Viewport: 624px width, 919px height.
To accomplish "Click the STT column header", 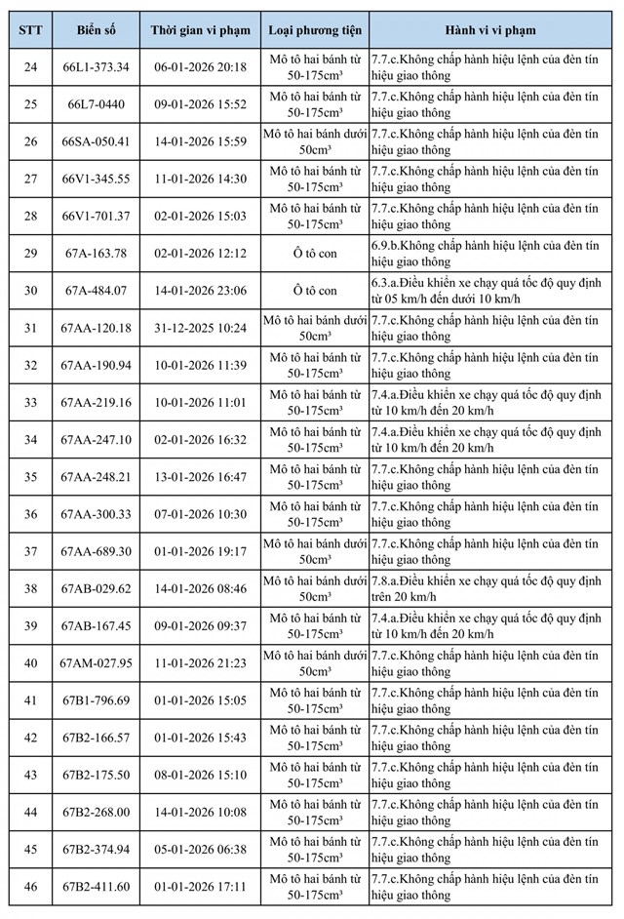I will [x=29, y=30].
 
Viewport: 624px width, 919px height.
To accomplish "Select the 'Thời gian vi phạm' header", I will [x=201, y=30].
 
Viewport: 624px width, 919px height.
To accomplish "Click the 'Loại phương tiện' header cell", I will [x=315, y=30].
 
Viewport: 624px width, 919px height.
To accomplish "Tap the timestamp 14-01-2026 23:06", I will [x=201, y=291].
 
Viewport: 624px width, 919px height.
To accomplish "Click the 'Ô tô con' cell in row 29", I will [x=315, y=254].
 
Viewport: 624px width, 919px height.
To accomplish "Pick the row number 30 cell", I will [x=29, y=291].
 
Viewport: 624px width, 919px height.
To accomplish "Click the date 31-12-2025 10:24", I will [x=201, y=328].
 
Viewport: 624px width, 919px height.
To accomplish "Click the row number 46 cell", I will [x=29, y=887].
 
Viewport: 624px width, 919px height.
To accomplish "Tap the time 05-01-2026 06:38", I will [x=201, y=850].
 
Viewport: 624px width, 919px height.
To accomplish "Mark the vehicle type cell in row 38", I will [x=315, y=588].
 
